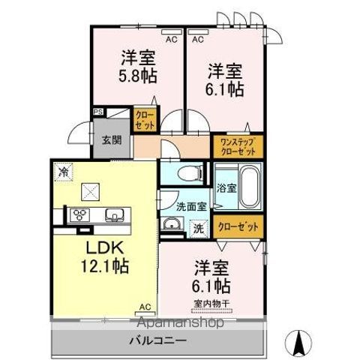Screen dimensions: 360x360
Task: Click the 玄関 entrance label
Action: point(112,140)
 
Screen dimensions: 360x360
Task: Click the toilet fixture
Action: point(193,174)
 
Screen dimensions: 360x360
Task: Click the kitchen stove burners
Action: point(79,214)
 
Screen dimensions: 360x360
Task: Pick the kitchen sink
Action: point(115,214)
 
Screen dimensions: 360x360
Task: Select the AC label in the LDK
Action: point(145,306)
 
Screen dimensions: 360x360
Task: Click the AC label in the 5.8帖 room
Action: point(171,37)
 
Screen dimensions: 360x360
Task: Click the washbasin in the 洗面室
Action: point(172,224)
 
